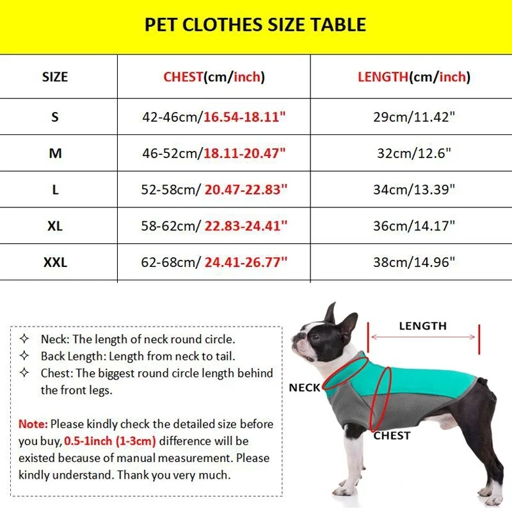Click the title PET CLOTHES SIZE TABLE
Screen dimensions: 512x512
click(255, 25)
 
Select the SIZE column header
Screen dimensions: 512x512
click(55, 77)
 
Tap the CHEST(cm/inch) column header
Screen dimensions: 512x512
click(214, 77)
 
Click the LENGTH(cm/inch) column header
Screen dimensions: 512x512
click(413, 77)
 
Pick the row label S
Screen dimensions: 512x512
click(55, 117)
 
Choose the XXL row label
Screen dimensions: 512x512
click(55, 262)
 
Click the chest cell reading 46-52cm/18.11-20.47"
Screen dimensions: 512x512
click(214, 154)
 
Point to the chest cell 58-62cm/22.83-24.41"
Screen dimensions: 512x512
click(214, 226)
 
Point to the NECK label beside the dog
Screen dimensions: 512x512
click(304, 388)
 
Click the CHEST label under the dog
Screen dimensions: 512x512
click(392, 436)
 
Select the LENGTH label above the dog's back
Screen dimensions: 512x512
click(422, 326)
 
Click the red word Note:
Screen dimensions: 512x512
click(33, 424)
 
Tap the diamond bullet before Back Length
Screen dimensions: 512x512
click(24, 356)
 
